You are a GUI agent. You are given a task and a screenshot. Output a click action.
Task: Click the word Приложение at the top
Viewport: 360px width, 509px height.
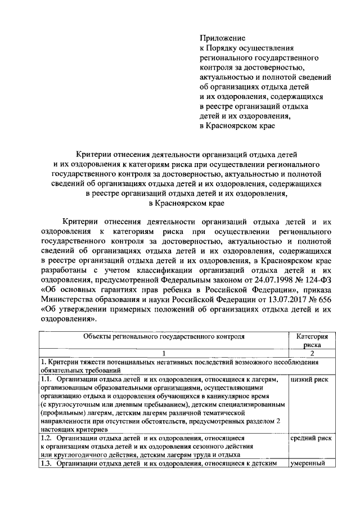tap(223, 38)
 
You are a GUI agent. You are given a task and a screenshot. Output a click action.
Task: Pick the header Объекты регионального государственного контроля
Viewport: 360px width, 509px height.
tap(164, 337)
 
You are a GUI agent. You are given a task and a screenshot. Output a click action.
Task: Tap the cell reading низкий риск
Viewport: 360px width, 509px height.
tap(309, 380)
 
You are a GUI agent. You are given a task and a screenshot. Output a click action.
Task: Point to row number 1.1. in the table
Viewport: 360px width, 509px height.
tap(47, 380)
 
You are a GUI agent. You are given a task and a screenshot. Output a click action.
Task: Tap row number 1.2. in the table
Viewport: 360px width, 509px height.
tap(47, 437)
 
